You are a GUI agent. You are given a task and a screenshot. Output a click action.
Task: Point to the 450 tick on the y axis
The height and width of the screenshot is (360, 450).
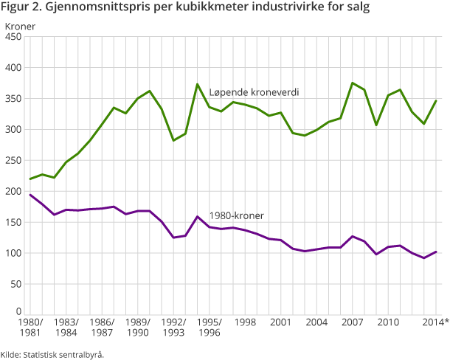coord(13,37)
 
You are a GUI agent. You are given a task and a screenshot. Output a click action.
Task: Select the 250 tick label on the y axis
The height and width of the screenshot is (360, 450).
coord(13,161)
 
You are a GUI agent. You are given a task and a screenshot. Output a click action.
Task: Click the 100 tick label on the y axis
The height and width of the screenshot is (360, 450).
coord(13,254)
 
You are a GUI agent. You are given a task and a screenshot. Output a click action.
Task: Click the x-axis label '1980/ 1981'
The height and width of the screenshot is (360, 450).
coord(30,328)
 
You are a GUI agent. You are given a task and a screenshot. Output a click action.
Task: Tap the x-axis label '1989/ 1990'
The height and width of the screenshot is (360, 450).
coord(138,328)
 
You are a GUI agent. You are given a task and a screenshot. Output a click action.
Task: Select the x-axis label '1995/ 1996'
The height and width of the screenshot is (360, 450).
coord(210,328)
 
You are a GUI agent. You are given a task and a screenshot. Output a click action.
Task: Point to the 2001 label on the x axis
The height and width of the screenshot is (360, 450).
coord(281,323)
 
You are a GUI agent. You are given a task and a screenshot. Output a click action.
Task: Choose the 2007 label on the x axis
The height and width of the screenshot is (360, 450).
coord(353,323)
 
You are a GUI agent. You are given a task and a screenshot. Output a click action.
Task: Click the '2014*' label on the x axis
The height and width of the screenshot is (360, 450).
coord(435,323)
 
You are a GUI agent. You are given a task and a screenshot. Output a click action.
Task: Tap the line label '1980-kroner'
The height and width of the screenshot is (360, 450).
coord(237,215)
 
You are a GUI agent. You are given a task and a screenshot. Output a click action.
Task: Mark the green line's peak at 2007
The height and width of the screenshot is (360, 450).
coord(353,83)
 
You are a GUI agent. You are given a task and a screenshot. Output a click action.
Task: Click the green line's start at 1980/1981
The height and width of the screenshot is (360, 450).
coord(30,179)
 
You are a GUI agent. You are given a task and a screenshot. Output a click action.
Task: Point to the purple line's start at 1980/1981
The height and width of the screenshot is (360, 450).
coord(30,195)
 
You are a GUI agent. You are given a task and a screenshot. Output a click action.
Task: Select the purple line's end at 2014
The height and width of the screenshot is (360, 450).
coord(436,252)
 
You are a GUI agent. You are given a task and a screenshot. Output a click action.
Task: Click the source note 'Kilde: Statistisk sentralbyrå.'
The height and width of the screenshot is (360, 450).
coord(52,354)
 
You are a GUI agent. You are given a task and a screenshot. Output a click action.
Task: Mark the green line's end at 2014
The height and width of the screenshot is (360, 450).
coord(436,101)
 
